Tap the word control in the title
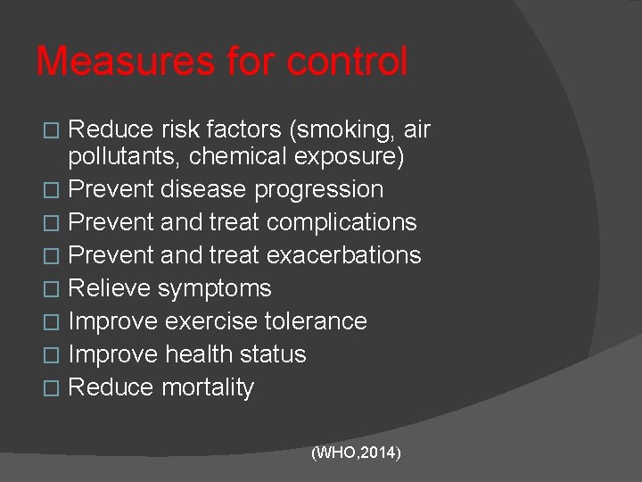coord(348,62)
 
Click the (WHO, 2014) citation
coord(356,453)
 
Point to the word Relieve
coord(110,288)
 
